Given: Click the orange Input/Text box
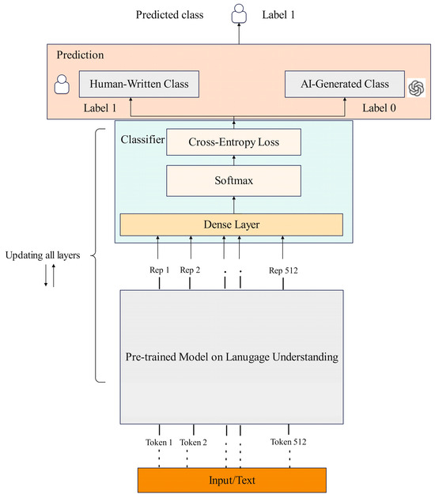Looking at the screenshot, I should point(231,479).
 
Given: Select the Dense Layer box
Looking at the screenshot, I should point(231,224).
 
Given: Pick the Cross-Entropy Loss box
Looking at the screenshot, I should point(234,141).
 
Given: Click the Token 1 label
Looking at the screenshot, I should point(158,442).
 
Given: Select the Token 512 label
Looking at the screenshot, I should point(288,442).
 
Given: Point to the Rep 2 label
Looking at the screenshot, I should point(191,270).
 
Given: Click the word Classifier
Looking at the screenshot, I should point(142,139).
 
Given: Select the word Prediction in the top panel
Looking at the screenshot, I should point(80,56).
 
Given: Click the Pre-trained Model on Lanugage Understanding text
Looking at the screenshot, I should point(231,357).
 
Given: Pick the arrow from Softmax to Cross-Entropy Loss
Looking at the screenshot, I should point(234,160).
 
